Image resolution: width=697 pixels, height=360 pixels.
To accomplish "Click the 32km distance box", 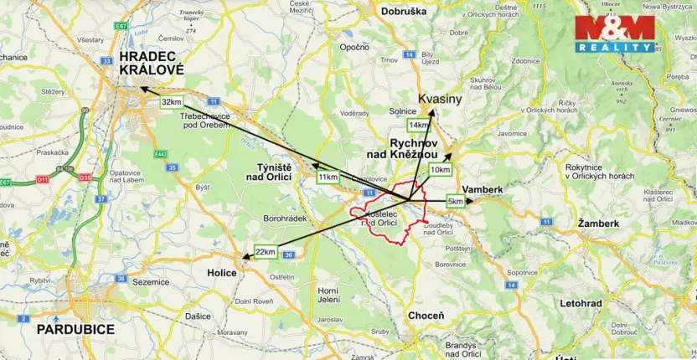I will point(171,102).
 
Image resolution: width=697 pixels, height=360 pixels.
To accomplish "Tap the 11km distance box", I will point(328,177).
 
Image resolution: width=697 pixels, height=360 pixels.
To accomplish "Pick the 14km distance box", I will point(418,125).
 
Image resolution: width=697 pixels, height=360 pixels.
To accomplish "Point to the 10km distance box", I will point(440,169).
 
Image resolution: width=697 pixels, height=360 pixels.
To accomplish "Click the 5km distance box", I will point(456,202).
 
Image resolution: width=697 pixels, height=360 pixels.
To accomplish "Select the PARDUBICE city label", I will point(75,329).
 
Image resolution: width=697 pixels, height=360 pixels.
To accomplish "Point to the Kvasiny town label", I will point(440,99).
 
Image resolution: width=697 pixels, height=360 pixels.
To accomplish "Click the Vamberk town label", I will point(483,190).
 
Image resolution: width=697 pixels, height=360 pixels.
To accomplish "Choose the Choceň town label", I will point(426,316).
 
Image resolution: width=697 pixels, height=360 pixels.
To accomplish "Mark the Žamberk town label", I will point(598,224).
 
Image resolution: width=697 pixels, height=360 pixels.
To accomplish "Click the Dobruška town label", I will point(403,11).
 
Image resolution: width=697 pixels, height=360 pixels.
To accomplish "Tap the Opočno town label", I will point(355,47).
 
